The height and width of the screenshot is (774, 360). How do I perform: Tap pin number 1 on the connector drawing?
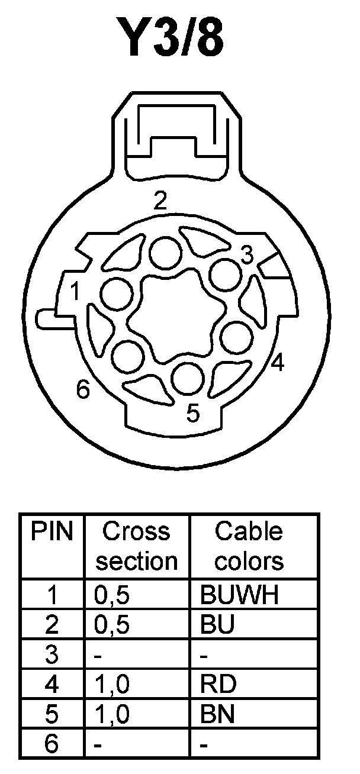pyautogui.click(x=75, y=291)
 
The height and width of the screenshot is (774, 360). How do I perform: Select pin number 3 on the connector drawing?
pyautogui.click(x=247, y=255)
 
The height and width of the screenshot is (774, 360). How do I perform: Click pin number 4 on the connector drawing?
pyautogui.click(x=277, y=362)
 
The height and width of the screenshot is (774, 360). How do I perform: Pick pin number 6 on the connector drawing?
pyautogui.click(x=83, y=390)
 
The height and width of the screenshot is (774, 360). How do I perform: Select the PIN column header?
pyautogui.click(x=52, y=532)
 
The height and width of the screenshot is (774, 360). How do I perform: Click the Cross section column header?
pyautogui.click(x=137, y=546)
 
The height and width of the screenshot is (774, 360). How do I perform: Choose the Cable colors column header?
pyautogui.click(x=249, y=546)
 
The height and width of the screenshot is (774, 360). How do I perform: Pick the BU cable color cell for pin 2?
pyautogui.click(x=218, y=625)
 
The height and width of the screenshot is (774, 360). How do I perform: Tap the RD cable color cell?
pyautogui.click(x=218, y=684)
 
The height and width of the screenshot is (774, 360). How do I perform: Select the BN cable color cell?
pyautogui.click(x=218, y=714)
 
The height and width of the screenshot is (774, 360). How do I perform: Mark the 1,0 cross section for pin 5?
pyautogui.click(x=112, y=714)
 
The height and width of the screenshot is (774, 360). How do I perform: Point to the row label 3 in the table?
pyautogui.click(x=52, y=655)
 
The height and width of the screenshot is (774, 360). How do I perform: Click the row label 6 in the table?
pyautogui.click(x=52, y=743)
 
